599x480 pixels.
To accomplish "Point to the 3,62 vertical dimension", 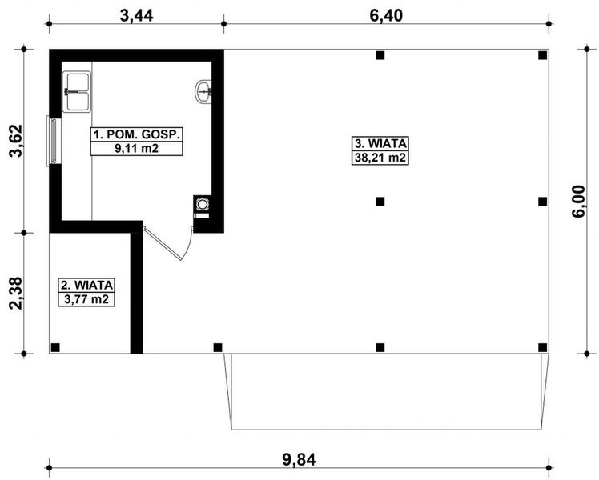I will pos(14,142).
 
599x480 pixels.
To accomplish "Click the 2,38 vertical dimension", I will pos(14,293).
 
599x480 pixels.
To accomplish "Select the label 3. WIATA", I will pos(381,143).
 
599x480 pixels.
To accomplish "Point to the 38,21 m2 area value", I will pos(381,158).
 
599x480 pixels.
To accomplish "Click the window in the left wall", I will pos(54,142).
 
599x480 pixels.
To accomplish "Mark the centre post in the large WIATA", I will pos(380,201).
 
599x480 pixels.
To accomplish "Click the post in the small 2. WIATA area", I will pos(55,346).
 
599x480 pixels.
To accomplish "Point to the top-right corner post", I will pos(543,55).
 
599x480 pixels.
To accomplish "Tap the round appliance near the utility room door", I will pos(203,205).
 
